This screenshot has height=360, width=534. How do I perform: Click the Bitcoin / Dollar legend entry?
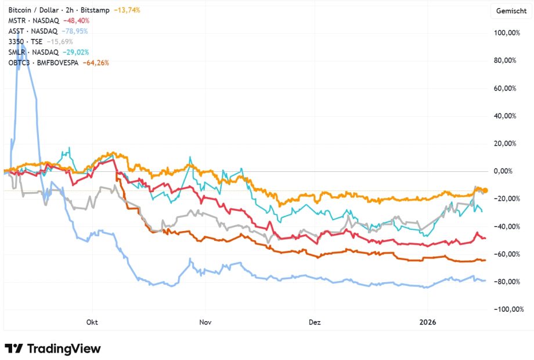pyautogui.click(x=35, y=10)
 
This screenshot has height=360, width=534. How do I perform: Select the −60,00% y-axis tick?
pyautogui.click(x=506, y=254)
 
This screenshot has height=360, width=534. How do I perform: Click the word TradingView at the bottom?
pyautogui.click(x=64, y=348)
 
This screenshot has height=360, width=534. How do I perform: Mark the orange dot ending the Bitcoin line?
pyautogui.click(x=485, y=190)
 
